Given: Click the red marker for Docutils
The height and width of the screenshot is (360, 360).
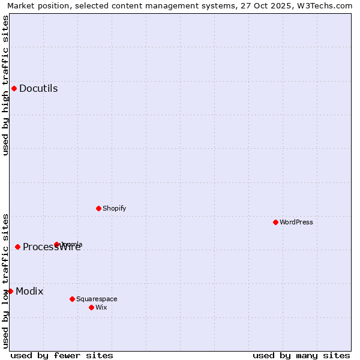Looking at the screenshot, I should coord(14,88).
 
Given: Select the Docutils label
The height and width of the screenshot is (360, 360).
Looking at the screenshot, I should coord(38,89).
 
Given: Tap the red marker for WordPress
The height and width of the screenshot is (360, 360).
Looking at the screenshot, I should coord(275,222).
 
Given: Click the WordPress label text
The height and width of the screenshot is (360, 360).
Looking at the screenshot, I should coord(296,223).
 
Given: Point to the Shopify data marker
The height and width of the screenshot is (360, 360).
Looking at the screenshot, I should coord(98,208).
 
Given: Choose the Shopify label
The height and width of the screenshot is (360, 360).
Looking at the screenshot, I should coord(115,209).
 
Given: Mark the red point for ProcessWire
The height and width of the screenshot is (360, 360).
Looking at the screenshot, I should coord(17,247).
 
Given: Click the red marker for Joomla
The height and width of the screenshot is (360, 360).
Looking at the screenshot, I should coord(57,244).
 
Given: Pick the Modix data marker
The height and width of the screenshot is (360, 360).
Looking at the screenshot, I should coord(10,291).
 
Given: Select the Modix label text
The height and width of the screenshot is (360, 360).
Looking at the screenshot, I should coord(29,292).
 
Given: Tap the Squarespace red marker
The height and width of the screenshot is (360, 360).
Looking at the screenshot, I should coord(72,299).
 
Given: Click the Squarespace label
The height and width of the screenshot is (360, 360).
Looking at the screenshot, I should coord(97,299).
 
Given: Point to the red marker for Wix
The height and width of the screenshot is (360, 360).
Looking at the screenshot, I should coord(91,307).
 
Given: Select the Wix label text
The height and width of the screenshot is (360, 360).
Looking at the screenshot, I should coord(101,308).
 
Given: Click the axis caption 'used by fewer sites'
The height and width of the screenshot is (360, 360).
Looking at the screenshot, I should coord(62,355).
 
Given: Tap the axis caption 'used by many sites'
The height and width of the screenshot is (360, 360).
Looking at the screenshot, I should coord(301,355).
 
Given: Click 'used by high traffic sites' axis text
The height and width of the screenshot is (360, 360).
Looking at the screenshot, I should coord(5,85).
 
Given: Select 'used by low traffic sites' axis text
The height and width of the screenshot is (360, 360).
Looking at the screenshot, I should coord(5,281).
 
